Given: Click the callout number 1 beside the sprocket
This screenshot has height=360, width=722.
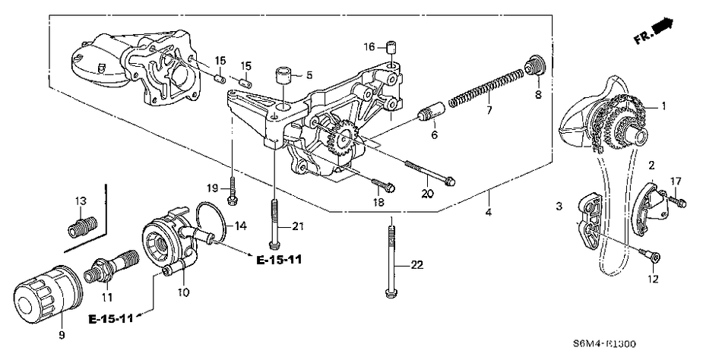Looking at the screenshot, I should [663, 106].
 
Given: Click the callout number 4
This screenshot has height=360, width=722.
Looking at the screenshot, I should [489, 213].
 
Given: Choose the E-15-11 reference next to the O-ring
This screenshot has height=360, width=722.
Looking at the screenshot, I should [279, 260].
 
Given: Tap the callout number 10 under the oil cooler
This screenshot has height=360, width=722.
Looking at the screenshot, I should [184, 292].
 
